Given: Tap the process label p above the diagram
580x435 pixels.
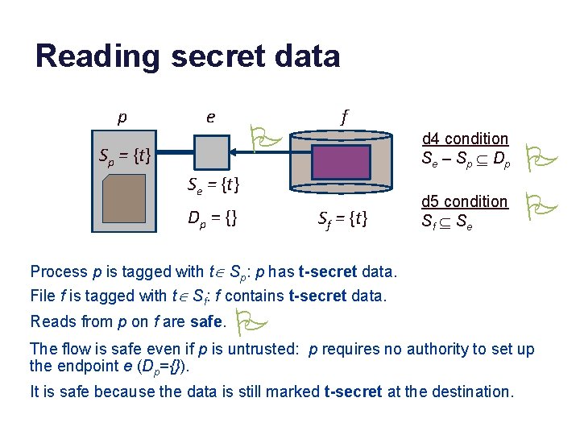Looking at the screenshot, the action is (122, 118).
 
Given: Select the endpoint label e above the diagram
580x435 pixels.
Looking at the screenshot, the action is (210, 118).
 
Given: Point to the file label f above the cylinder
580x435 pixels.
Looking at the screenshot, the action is (344, 118).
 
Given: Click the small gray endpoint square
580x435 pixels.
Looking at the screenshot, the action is (210, 151).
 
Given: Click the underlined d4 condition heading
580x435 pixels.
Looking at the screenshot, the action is (465, 139).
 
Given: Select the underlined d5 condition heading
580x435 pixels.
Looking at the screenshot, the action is (465, 201).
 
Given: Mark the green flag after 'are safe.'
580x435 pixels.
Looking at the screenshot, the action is (248, 322).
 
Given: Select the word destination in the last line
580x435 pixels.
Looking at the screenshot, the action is (471, 392).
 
